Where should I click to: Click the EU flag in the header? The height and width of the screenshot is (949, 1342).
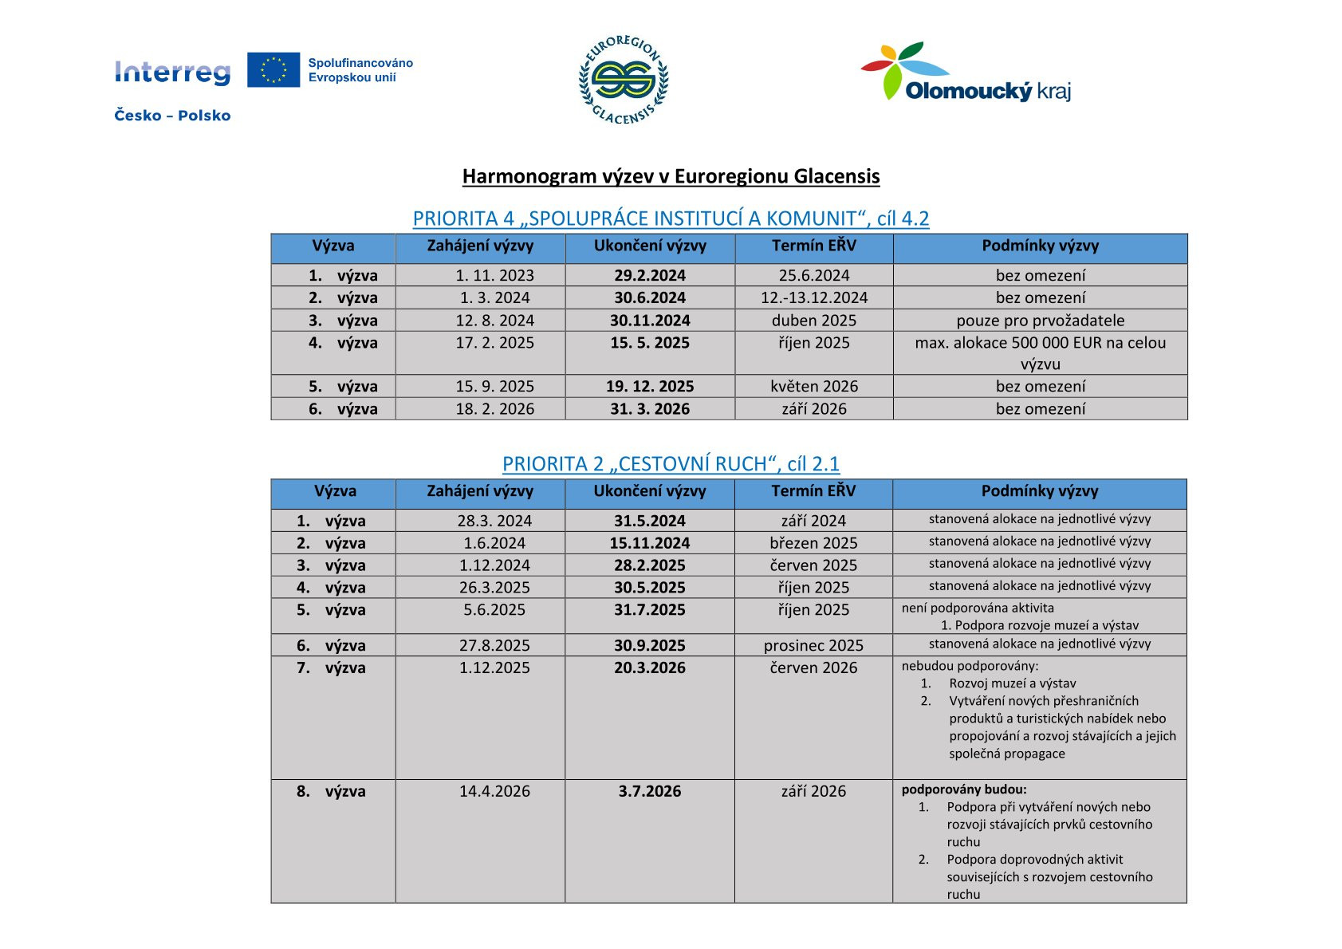(x=273, y=69)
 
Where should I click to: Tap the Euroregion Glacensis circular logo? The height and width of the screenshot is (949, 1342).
(x=624, y=80)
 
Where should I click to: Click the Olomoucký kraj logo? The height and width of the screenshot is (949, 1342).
(x=966, y=73)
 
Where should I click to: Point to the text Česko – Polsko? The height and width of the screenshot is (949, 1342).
(x=172, y=116)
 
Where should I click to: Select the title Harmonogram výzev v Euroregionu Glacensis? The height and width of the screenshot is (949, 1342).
(x=671, y=176)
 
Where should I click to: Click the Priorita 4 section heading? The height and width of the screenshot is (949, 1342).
(x=671, y=219)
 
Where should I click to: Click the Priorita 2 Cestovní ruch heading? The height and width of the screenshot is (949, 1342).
(x=671, y=464)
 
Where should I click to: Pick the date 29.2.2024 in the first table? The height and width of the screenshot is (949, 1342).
(x=650, y=276)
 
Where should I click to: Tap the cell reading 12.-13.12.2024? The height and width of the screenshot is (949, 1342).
(x=814, y=298)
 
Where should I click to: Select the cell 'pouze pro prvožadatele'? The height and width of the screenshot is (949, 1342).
(x=1041, y=321)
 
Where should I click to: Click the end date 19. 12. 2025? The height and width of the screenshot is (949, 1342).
(x=650, y=387)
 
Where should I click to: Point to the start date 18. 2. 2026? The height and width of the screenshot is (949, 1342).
(x=494, y=409)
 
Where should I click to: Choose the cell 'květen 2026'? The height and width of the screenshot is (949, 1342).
(x=814, y=387)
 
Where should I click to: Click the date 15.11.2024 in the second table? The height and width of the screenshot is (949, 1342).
(x=650, y=543)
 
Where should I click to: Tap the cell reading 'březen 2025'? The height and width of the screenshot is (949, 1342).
(x=813, y=543)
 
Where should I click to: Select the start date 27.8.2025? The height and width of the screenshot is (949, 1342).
(x=494, y=646)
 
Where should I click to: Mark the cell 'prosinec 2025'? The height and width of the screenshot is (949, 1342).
(x=813, y=646)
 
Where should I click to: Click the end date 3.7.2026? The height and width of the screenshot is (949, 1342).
(x=650, y=792)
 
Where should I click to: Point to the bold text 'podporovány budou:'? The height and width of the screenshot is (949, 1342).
(x=964, y=790)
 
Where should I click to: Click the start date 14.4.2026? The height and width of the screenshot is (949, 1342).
(x=494, y=792)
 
